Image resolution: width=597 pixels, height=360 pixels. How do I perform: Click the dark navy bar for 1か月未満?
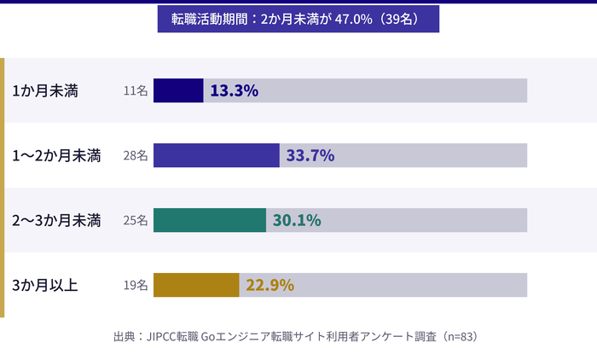click(178, 90)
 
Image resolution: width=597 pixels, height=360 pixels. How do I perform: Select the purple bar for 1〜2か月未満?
click(217, 155)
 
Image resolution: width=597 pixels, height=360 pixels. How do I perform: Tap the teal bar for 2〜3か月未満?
click(210, 220)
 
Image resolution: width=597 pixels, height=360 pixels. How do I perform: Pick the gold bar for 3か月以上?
click(196, 285)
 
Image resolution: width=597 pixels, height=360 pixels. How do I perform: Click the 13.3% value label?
click(234, 90)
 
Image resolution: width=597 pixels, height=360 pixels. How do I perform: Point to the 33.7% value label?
click(310, 155)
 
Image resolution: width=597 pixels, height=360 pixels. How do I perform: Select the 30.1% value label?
click(297, 220)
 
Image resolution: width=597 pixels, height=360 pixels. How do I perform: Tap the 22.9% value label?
click(270, 285)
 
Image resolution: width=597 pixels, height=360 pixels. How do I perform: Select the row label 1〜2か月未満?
click(56, 155)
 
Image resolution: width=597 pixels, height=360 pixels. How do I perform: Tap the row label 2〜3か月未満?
click(56, 220)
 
